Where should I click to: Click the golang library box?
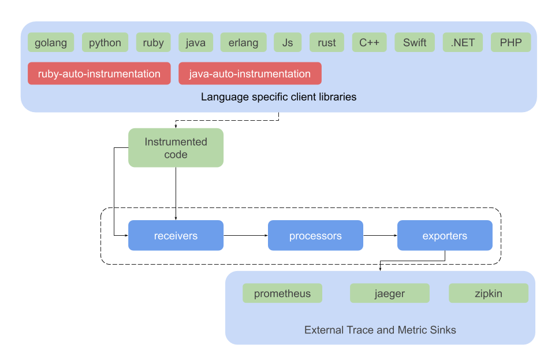51,43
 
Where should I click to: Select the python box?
105,43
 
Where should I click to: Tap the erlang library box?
243,43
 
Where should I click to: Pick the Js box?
288,43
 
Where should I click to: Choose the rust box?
327,43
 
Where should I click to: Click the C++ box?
369,43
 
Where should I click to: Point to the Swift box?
415,43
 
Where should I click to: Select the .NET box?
463,43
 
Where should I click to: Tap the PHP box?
511,43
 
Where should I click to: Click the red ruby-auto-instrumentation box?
99,73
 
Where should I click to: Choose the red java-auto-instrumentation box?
250,73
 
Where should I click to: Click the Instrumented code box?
176,147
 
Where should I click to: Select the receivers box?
176,235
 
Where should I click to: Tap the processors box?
315,235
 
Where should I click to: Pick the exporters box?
445,235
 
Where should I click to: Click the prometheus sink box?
282,293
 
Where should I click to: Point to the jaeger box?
390,293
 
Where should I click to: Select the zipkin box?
489,293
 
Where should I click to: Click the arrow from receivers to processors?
245,235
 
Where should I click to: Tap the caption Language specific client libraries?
278,97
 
